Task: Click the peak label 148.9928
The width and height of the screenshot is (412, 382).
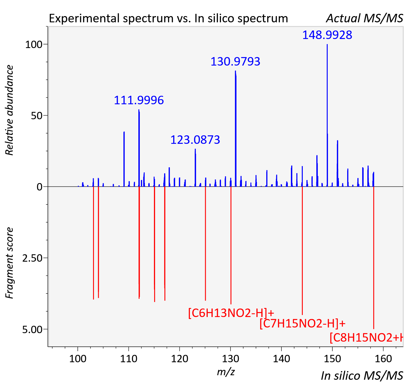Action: (x=327, y=35)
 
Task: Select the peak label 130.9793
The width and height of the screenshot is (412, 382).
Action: (x=235, y=62)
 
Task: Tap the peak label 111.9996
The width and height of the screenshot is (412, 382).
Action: (x=139, y=100)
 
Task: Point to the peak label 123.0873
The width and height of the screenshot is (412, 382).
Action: (x=195, y=140)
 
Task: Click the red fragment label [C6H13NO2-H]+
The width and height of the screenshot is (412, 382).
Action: (x=231, y=313)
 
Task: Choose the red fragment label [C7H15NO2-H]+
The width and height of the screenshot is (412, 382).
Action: (x=302, y=324)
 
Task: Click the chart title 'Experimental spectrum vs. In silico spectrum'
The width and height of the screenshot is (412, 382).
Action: (x=168, y=18)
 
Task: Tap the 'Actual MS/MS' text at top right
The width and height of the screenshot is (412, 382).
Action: (x=365, y=18)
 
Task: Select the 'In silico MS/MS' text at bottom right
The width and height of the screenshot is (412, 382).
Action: (x=362, y=376)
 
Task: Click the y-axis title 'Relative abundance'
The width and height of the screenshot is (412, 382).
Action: (x=9, y=110)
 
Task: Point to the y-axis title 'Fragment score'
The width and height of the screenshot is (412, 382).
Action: (x=9, y=263)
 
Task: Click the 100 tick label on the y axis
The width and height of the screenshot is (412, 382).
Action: (x=34, y=45)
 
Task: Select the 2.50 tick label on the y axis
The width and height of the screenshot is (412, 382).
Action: (x=32, y=258)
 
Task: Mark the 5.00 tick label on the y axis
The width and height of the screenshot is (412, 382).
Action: (x=32, y=329)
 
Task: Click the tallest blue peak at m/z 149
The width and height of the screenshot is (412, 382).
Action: (x=327, y=115)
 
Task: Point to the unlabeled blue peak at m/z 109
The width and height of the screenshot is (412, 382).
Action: (x=124, y=159)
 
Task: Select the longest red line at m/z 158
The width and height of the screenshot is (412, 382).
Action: (x=374, y=258)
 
